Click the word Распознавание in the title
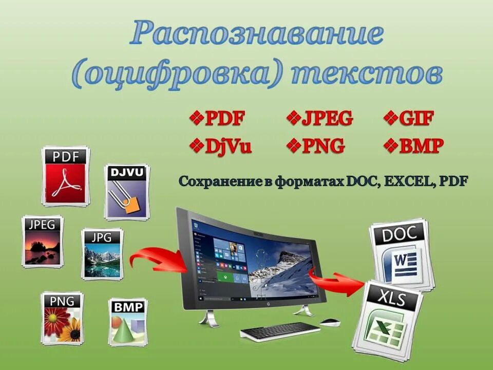click(x=257, y=34)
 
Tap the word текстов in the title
click(x=366, y=75)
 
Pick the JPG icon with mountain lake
click(x=103, y=254)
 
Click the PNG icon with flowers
click(x=63, y=318)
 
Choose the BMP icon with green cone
click(x=128, y=321)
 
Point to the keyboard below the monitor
click(x=280, y=331)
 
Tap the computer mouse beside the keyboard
click(x=330, y=322)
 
